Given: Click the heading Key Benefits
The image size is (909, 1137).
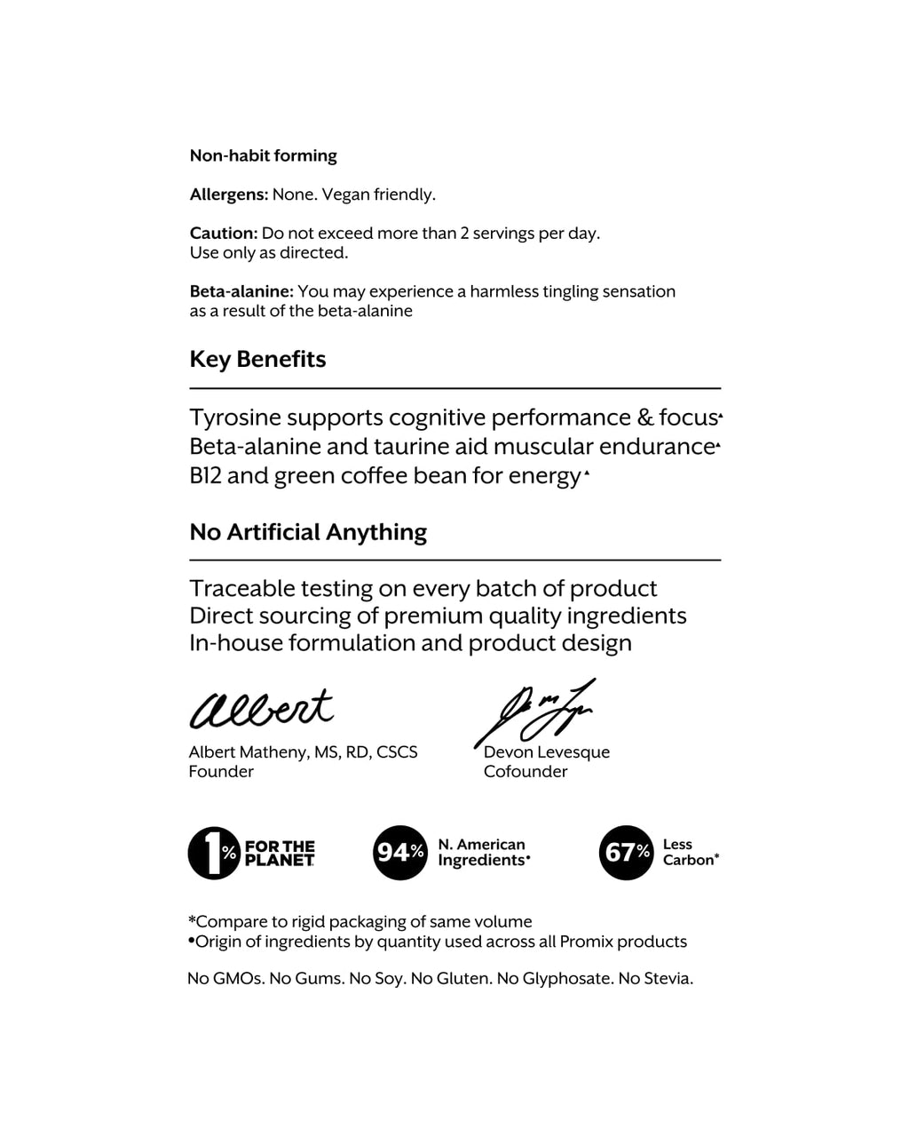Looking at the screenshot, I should pyautogui.click(x=257, y=360).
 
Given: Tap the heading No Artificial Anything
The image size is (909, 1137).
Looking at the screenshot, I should pyautogui.click(x=308, y=532).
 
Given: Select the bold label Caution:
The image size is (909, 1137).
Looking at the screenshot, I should pyautogui.click(x=224, y=234).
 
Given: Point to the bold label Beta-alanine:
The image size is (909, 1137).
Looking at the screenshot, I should pyautogui.click(x=241, y=291).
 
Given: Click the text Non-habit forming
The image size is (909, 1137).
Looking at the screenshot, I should pyautogui.click(x=264, y=156).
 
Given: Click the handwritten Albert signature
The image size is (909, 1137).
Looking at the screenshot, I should pyautogui.click(x=261, y=709).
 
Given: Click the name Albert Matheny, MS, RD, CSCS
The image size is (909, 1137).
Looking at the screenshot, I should pyautogui.click(x=303, y=752).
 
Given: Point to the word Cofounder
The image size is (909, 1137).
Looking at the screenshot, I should pyautogui.click(x=526, y=772).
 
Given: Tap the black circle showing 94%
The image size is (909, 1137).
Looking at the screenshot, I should pyautogui.click(x=399, y=853).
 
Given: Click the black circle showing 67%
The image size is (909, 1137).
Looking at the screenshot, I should pyautogui.click(x=627, y=853).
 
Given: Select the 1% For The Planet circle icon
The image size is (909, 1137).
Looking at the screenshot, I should pyautogui.click(x=214, y=854).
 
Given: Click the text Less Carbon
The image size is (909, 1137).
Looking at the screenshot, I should pyautogui.click(x=690, y=853).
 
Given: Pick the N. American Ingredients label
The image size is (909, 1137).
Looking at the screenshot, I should pyautogui.click(x=483, y=853).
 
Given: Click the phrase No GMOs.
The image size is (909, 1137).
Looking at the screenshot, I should pyautogui.click(x=225, y=979).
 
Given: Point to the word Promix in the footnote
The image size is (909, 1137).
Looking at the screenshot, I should pyautogui.click(x=587, y=942).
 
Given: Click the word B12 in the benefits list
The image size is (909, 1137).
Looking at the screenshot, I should pyautogui.click(x=205, y=476).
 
